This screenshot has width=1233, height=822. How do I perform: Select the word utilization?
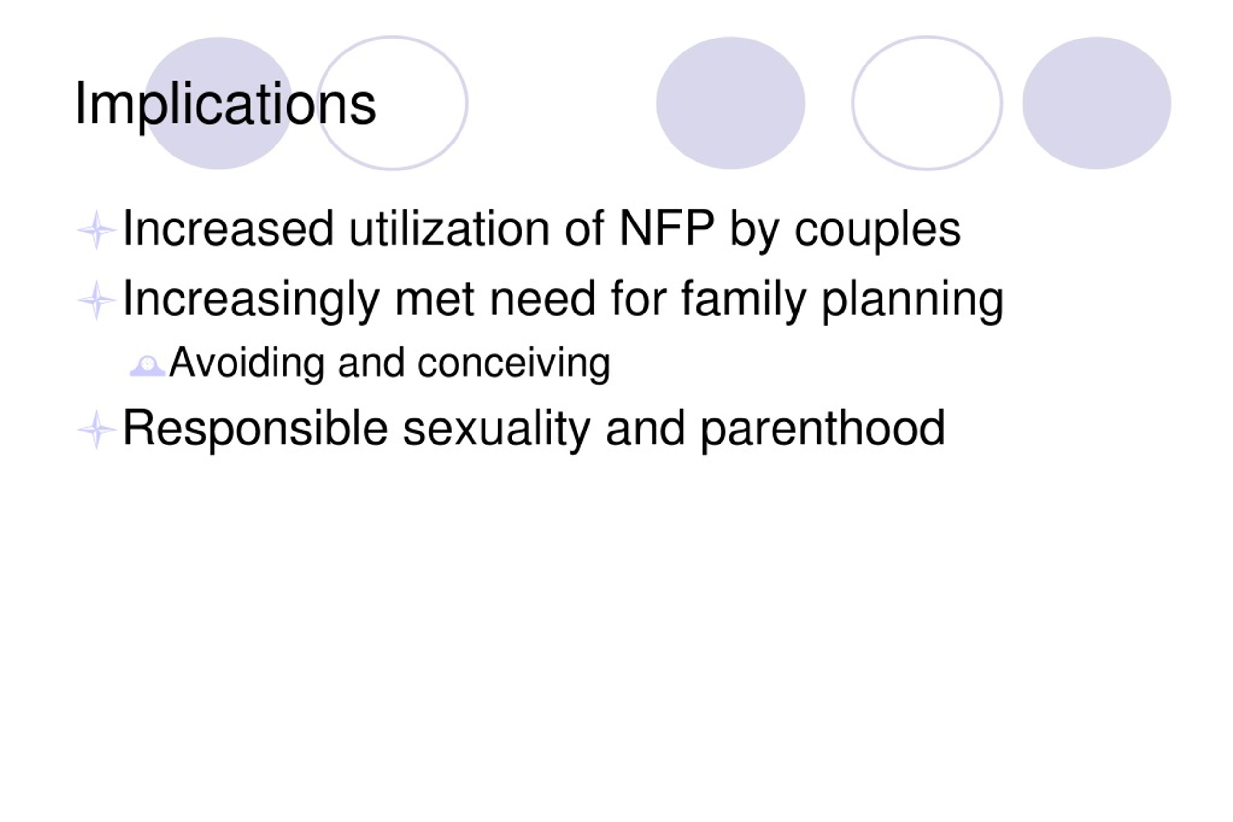(449, 229)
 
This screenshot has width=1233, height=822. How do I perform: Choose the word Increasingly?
(250, 300)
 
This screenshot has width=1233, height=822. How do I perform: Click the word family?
(743, 300)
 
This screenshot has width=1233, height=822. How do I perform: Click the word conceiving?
(514, 363)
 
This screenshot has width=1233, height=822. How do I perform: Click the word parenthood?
(823, 429)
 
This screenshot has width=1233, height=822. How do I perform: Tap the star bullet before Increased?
(96, 230)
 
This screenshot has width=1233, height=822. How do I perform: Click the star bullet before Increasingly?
(96, 300)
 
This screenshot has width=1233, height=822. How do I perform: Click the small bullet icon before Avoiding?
(147, 366)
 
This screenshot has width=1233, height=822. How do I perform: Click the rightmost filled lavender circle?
(1097, 103)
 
